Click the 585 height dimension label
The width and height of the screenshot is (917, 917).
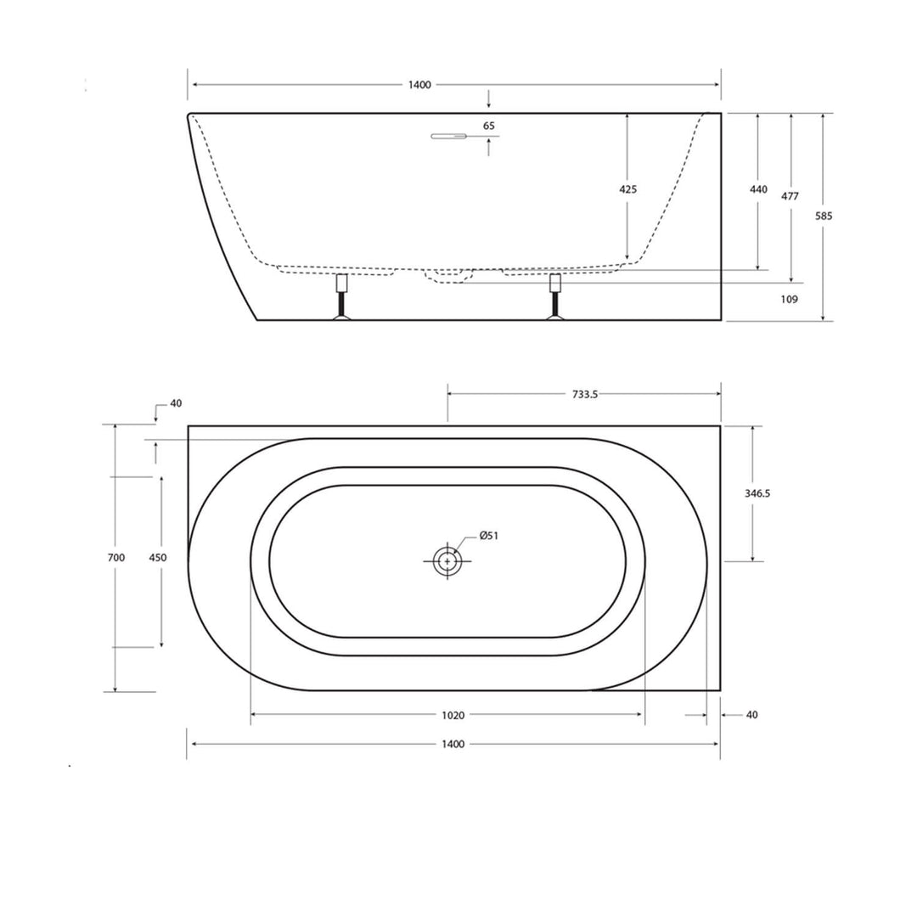click(824, 216)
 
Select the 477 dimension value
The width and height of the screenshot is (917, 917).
click(790, 196)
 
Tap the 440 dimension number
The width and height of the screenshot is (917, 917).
click(758, 189)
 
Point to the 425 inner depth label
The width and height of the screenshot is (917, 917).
click(627, 189)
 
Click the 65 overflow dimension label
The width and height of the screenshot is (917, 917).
click(489, 126)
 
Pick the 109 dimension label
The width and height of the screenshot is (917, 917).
click(789, 299)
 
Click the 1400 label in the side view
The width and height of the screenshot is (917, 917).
click(419, 85)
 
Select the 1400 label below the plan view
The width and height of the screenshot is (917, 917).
click(453, 744)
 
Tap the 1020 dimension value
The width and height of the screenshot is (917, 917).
click(453, 715)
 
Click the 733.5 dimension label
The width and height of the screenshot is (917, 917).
click(583, 394)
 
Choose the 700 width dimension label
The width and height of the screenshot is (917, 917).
click(116, 558)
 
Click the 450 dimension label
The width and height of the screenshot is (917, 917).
click(158, 558)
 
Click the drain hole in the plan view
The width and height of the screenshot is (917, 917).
click(447, 561)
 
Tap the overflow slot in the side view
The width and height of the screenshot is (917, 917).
click(449, 136)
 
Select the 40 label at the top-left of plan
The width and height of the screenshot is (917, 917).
click(176, 403)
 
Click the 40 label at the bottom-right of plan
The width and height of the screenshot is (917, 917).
click(751, 715)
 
